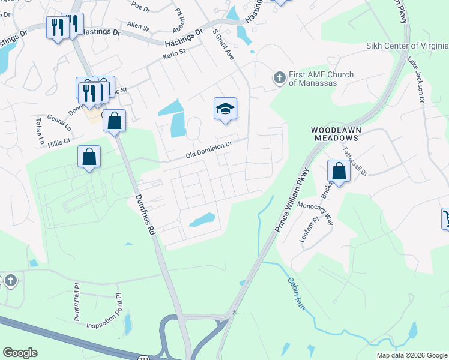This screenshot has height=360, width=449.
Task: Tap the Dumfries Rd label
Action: coord(144,213)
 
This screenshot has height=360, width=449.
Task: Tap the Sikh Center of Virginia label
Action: coord(407,46)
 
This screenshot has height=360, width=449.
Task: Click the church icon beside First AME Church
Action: coord(279,78)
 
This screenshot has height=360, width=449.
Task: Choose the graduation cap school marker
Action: coord(225,109)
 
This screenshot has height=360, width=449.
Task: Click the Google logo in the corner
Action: coord(20,353)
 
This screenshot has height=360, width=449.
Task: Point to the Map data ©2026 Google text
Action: coord(411,355)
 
